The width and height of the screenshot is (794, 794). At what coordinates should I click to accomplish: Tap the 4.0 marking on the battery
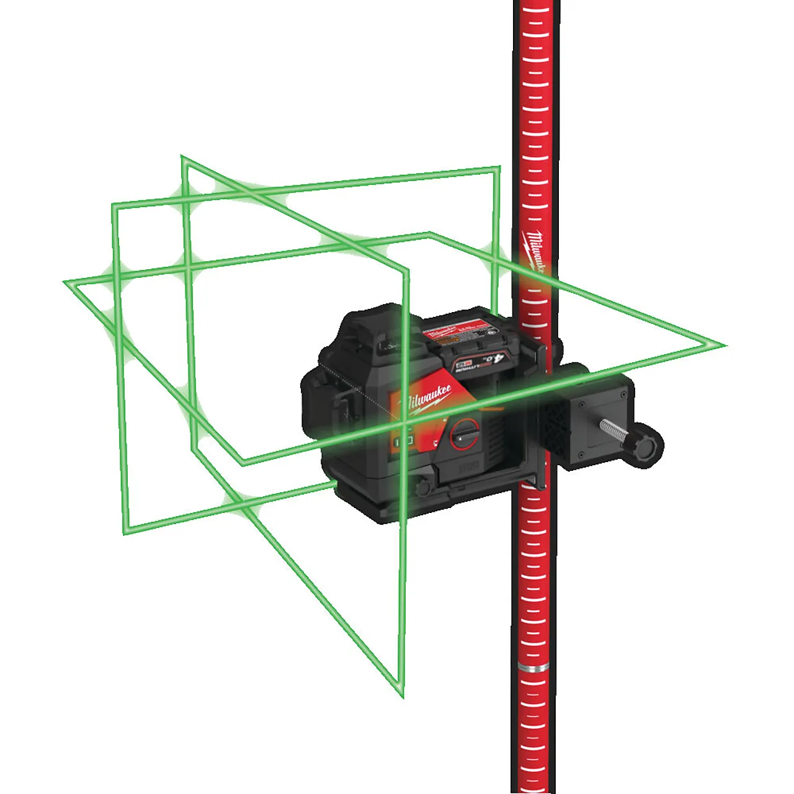(494, 359)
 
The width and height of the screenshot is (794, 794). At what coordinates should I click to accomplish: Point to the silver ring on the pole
(533, 667)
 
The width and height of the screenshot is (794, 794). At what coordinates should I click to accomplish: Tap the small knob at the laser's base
(423, 487)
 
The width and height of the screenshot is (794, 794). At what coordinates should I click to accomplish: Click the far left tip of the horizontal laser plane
(66, 283)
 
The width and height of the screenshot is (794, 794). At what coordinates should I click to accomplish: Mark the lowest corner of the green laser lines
(401, 695)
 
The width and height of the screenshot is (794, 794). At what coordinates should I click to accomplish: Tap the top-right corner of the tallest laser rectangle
(499, 167)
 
